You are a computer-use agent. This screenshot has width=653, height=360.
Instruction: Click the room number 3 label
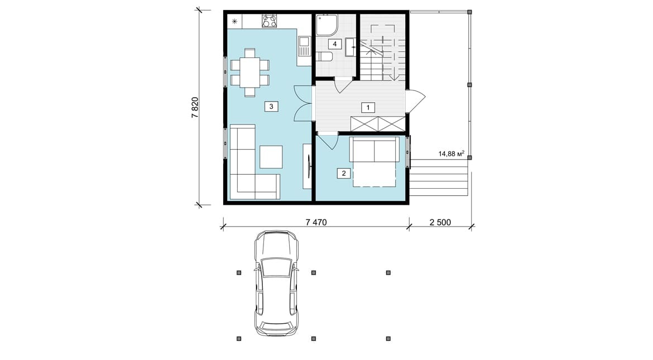pyautogui.click(x=271, y=107)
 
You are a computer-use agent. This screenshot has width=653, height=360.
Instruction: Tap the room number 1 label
pyautogui.click(x=368, y=108)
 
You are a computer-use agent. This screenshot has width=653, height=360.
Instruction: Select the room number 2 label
pyautogui.click(x=344, y=174)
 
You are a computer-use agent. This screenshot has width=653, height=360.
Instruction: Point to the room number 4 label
pyautogui.click(x=334, y=44)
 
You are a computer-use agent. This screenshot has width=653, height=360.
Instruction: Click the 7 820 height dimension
pyautogui.click(x=195, y=108)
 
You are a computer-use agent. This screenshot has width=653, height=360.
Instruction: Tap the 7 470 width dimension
pyautogui.click(x=316, y=223)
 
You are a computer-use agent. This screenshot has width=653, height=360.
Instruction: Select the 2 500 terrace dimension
pyautogui.click(x=440, y=223)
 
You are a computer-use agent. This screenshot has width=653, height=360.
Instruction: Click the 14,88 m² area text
pyautogui.click(x=452, y=153)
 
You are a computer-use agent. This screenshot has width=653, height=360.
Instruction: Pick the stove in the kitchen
pyautogui.click(x=268, y=21)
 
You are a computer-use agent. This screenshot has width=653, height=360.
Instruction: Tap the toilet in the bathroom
pyautogui.click(x=324, y=57)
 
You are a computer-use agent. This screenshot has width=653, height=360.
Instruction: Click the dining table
pyautogui.click(x=249, y=73)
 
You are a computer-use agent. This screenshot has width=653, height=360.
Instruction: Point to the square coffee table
pyautogui.click(x=271, y=157)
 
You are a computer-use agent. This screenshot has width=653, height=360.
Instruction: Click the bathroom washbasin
pyautogui.click(x=350, y=47)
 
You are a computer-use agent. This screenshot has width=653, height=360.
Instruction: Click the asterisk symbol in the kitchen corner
pyautogui.click(x=234, y=21)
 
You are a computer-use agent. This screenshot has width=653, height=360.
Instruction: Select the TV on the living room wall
pyautogui.click(x=309, y=166)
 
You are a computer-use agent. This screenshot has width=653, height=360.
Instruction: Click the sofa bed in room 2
pyautogui.click(x=374, y=162)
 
